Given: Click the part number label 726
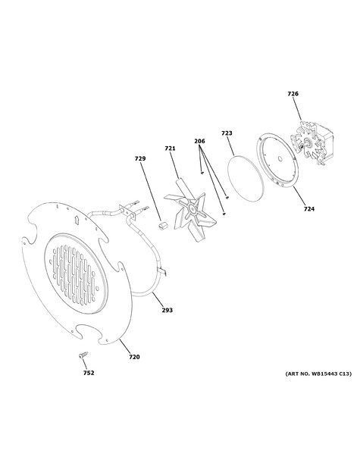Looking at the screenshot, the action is (x=293, y=94).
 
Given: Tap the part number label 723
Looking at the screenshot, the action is (x=227, y=133).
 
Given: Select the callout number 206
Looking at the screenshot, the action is (x=199, y=141).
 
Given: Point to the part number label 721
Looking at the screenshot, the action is (x=170, y=149).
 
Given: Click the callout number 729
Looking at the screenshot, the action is (x=140, y=158).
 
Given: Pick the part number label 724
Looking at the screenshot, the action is (x=309, y=209).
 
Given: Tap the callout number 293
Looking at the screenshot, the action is (x=167, y=310).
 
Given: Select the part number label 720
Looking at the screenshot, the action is (x=134, y=357).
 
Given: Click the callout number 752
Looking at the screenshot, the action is (x=89, y=373).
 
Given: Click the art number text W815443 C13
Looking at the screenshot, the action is (x=330, y=374).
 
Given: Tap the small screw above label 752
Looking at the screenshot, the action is (x=83, y=355).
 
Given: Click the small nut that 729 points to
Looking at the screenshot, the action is (x=162, y=225).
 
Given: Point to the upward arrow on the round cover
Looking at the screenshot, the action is (x=76, y=219).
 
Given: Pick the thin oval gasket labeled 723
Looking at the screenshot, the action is (x=246, y=179).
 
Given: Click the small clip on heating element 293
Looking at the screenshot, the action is (x=162, y=271).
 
